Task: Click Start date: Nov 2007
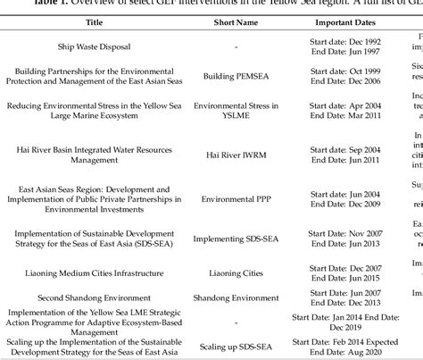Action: point(346,230)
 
